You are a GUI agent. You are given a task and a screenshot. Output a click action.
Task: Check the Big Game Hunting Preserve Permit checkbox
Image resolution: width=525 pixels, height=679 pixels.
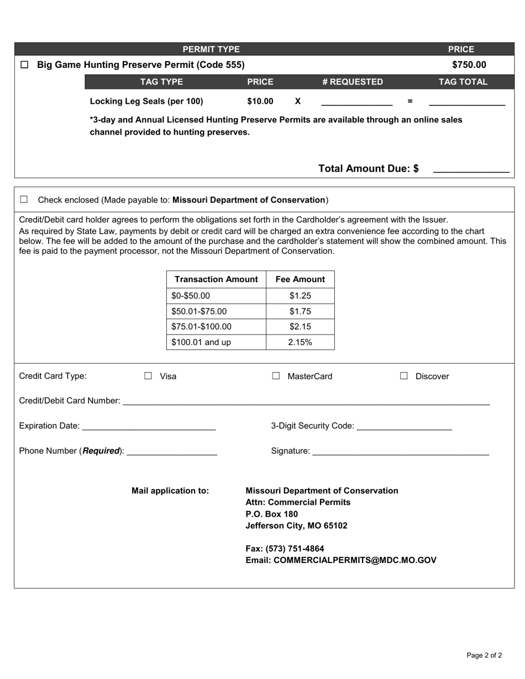coord(24,65)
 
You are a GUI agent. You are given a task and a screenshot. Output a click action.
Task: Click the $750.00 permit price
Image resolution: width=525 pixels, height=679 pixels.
coord(469,65)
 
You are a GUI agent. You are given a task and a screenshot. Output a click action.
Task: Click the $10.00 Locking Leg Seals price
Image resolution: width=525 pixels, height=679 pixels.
coord(260,101)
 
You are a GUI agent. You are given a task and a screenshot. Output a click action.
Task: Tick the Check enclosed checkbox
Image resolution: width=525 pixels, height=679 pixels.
coord(24,199)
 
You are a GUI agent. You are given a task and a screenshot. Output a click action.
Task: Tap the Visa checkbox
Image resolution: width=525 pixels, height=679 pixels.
coord(148,376)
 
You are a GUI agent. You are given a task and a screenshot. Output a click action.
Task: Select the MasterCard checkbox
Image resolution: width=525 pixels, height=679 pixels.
coord(276,376)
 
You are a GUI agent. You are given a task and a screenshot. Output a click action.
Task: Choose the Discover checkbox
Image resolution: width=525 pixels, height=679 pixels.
coord(404,376)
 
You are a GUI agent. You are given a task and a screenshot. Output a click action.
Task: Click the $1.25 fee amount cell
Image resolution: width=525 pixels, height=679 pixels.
coord(300,296)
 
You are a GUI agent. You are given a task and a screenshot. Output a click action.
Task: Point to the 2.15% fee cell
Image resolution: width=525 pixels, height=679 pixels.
coord(300,342)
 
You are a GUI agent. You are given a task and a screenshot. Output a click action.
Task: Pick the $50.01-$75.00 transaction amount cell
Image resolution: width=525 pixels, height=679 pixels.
coord(216,311)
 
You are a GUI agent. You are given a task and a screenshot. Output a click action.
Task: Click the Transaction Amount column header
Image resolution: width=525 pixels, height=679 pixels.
coord(216,279)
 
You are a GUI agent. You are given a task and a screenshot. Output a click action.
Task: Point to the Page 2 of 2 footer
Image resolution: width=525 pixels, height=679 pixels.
coord(484,656)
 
